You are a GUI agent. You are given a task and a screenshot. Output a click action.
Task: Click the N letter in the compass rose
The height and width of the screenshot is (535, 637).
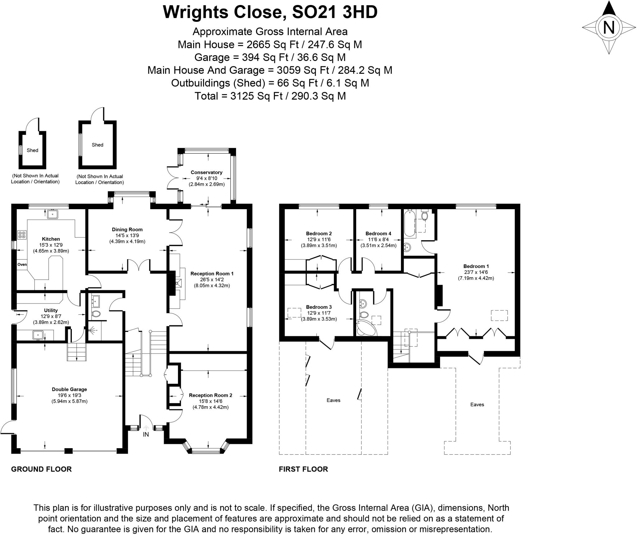pos(609,27)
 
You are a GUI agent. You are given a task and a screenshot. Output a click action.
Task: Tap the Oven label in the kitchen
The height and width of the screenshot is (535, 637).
pos(22,265)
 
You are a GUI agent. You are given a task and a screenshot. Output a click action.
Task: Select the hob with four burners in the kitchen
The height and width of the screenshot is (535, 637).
pos(22,235)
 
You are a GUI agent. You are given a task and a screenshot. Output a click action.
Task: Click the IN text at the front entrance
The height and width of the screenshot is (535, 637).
pos(146,434)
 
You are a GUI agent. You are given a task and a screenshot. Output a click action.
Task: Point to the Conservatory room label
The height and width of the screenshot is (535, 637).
pos(207,172)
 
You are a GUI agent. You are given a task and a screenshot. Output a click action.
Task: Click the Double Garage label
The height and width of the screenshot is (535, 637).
pos(69,389)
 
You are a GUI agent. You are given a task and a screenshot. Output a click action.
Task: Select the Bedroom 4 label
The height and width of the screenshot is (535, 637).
pos(378,233)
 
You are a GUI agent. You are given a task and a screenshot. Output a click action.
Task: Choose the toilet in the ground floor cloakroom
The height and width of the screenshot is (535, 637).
pos(96,314)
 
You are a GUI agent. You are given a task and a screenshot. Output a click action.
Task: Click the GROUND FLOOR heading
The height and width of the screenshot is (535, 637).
pos(41,469)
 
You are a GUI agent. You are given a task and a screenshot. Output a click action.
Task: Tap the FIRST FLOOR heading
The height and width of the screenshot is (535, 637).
pos(303,469)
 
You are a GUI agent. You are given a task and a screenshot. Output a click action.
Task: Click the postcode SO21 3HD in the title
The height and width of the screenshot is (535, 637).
pos(335,12)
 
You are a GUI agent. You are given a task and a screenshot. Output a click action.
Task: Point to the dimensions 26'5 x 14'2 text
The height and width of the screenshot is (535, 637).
pos(212,279)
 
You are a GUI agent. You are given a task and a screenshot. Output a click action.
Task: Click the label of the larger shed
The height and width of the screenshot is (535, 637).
pos(97,145)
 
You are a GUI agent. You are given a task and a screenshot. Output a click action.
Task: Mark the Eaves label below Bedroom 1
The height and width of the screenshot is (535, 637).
pos(477,405)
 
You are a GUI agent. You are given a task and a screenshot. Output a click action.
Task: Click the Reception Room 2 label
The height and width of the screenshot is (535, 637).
pos(211,395)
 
